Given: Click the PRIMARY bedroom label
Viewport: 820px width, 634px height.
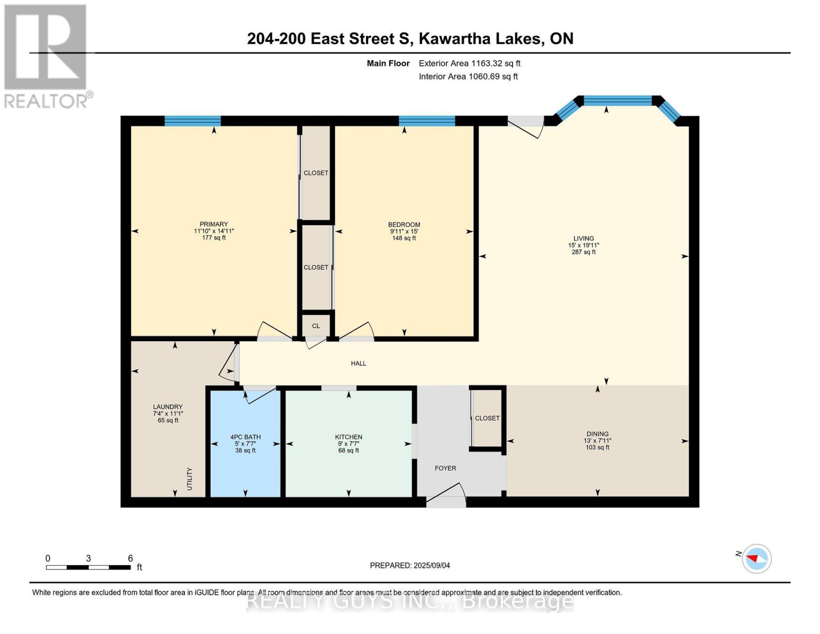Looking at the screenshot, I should click(x=213, y=225).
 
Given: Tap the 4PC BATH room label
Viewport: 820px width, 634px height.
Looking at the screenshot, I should click(x=246, y=437).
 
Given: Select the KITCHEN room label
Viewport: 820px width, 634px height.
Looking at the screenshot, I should click(x=348, y=437).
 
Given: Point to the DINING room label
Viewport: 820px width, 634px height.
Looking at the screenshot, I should click(x=597, y=434).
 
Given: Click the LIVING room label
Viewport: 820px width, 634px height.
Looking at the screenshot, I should click(x=583, y=239).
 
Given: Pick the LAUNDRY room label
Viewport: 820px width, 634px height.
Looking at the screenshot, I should click(x=168, y=407).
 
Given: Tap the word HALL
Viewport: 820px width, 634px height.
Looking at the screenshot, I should click(x=359, y=363).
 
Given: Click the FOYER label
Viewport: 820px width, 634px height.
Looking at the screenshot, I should click(x=445, y=468).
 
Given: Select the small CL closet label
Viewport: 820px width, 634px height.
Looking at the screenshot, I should click(x=316, y=326).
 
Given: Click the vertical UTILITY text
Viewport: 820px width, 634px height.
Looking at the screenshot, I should click(x=190, y=479).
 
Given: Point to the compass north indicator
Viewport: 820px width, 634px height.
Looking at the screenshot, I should click(x=756, y=558).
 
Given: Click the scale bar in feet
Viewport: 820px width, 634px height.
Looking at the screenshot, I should click(x=88, y=567).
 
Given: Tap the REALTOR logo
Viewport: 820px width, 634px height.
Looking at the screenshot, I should click(x=46, y=55).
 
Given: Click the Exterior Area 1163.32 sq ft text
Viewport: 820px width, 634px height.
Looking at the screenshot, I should click(x=469, y=63).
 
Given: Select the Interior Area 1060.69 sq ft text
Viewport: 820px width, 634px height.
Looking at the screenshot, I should click(x=468, y=77).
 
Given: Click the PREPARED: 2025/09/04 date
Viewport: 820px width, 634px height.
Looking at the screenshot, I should click(x=410, y=565).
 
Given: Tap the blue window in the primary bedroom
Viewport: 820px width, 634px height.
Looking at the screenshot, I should click(x=192, y=121).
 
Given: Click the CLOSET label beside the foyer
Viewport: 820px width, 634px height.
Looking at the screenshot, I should click(x=487, y=418).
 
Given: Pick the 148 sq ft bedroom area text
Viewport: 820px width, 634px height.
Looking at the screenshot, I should click(x=404, y=238).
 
